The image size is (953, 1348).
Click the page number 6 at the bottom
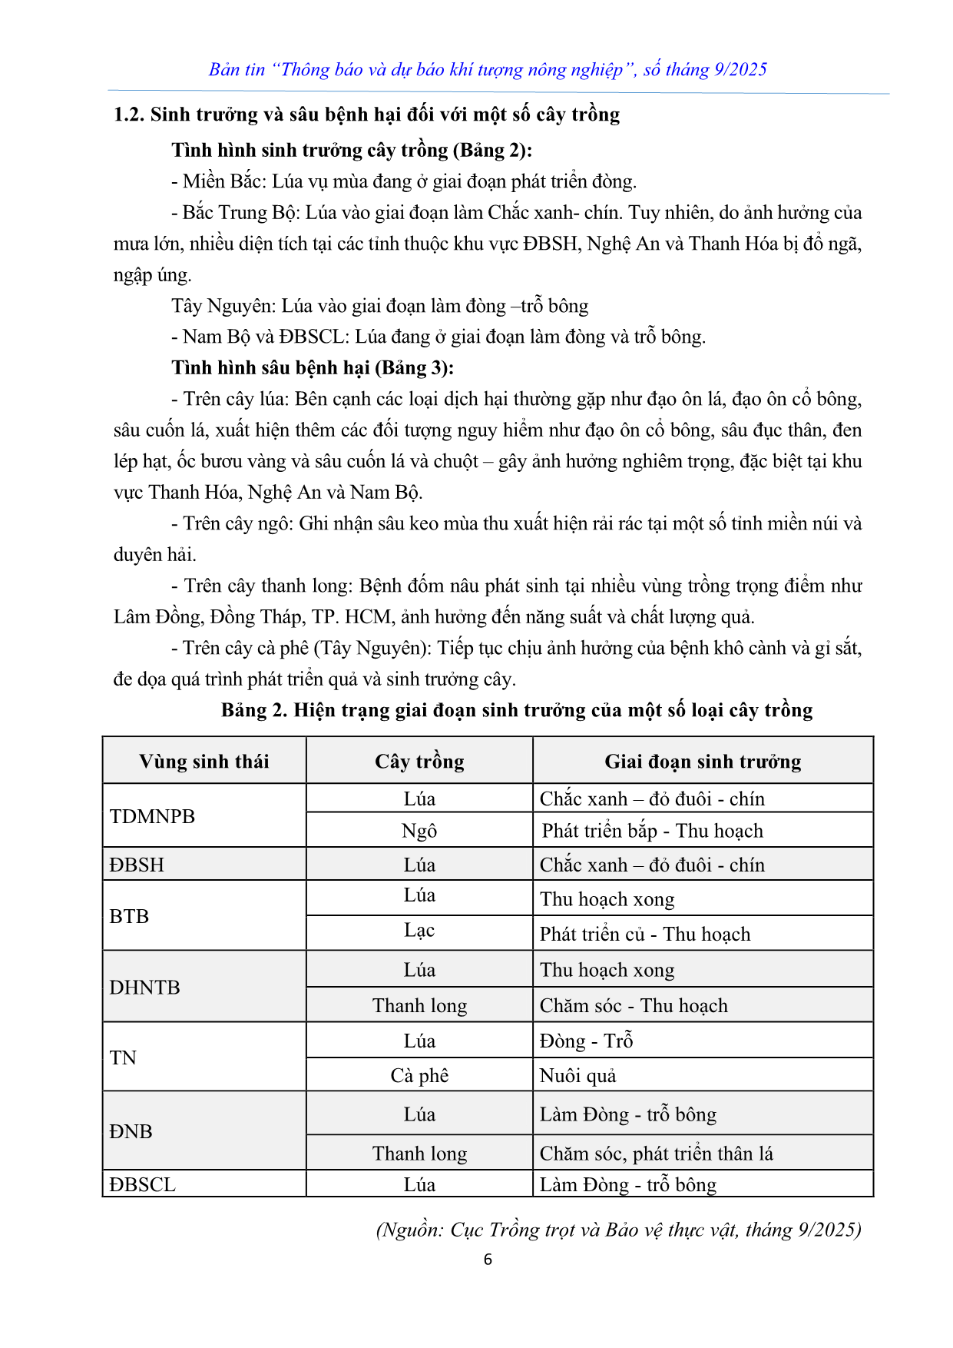pos(488,1260)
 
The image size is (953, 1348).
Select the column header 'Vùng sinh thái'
pos(204,762)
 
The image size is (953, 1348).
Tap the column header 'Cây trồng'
pos(419,762)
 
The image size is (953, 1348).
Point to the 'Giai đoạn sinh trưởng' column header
pos(703,762)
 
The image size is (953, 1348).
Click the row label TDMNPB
pos(152,816)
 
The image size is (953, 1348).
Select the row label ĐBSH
pos(137,865)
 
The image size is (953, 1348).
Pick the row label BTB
pos(129,916)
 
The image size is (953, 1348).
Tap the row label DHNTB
pos(144,987)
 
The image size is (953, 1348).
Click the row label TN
pos(123,1057)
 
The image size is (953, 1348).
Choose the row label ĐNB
pos(131,1131)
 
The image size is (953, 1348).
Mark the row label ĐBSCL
pos(142,1184)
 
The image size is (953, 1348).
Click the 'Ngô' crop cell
pos(419,831)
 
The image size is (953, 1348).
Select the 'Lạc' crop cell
pos(419,931)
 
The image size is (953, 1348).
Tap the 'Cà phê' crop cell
pos(419,1075)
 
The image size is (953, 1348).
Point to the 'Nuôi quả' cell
pos(577,1075)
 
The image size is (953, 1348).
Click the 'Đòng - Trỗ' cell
pos(586,1041)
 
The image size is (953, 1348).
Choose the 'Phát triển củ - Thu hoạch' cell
pos(645,934)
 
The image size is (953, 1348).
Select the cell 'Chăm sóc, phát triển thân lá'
pos(656,1154)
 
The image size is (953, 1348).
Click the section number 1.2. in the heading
pos(128,115)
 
